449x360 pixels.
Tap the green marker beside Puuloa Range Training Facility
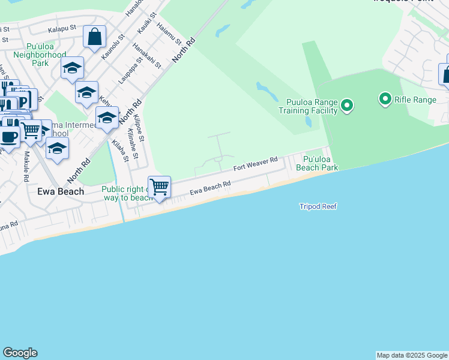(x=346, y=106)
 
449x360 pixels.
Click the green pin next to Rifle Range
(x=384, y=98)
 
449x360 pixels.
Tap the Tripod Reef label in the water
(x=318, y=206)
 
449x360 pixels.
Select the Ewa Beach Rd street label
(x=210, y=188)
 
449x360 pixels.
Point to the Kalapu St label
(x=62, y=28)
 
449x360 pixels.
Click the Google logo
(x=20, y=353)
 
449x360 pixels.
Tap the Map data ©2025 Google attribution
(x=412, y=355)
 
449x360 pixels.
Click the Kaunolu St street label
(x=113, y=46)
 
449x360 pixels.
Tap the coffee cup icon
(x=9, y=134)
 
